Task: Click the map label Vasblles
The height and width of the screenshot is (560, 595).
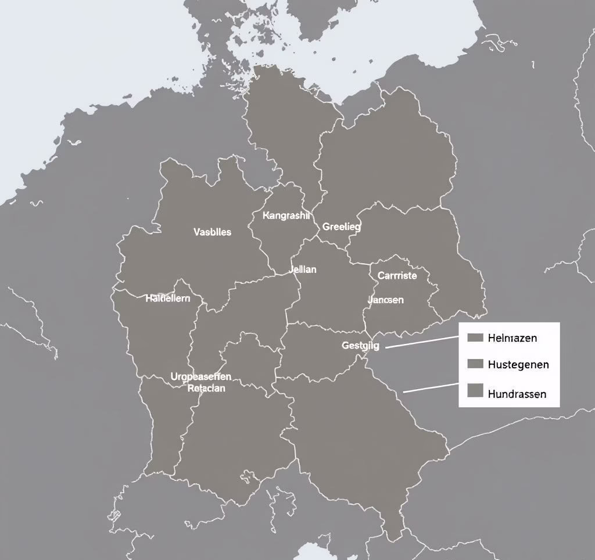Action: click(x=212, y=232)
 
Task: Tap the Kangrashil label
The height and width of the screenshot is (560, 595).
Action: click(x=286, y=216)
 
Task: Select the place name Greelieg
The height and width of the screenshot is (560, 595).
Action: click(x=342, y=227)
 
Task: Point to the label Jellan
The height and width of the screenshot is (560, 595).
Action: click(x=303, y=270)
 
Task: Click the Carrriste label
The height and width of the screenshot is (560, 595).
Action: click(x=397, y=275)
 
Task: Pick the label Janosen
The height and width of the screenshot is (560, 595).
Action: click(x=386, y=300)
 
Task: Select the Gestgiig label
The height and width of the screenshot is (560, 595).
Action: click(x=360, y=345)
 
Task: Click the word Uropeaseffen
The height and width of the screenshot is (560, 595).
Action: click(x=201, y=376)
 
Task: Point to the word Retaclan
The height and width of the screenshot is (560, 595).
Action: click(x=206, y=388)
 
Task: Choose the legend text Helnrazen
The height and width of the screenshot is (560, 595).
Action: click(x=512, y=338)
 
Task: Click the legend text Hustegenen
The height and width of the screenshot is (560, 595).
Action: click(x=518, y=364)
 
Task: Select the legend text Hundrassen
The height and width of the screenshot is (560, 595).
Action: click(x=517, y=393)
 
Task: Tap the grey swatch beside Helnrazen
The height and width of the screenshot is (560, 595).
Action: click(x=475, y=338)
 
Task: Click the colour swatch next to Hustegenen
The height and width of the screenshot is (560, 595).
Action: click(x=475, y=364)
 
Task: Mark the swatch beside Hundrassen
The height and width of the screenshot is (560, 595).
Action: click(x=475, y=390)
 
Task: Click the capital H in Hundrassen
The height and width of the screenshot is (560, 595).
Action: click(x=492, y=393)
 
